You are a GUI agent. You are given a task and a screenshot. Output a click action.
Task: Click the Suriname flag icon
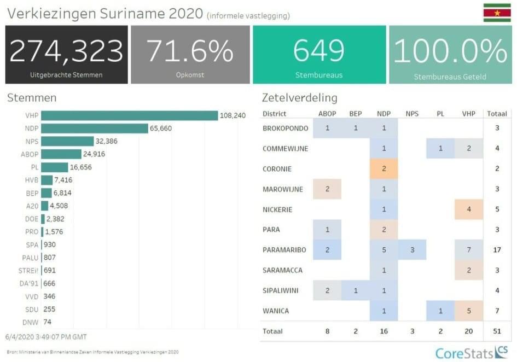[497, 13]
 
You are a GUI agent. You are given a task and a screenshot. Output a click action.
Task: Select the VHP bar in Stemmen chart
[129, 115]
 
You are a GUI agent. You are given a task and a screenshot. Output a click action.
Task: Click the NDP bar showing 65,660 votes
[95, 129]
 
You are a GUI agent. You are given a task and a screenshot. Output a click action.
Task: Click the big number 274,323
[67, 50]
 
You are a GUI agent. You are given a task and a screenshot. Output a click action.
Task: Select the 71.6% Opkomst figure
[190, 50]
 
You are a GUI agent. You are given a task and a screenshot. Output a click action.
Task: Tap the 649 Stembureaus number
[319, 50]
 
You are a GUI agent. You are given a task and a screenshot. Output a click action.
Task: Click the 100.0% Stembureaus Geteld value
[450, 50]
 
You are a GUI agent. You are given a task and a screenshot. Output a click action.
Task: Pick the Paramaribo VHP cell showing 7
[468, 250]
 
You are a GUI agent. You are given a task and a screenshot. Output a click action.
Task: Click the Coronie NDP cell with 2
[384, 168]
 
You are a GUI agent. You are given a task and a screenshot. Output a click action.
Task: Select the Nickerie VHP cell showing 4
[468, 209]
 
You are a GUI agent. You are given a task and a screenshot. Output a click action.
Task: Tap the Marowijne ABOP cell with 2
[327, 189]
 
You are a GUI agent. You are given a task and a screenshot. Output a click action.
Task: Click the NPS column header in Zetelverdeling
[412, 114]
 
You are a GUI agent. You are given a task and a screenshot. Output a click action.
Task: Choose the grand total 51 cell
[497, 331]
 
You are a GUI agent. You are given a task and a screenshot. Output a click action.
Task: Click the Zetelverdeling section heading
[299, 98]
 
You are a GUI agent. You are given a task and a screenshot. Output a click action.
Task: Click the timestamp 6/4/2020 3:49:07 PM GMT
[47, 336]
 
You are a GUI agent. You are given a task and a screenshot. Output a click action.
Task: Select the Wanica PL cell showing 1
[440, 311]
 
